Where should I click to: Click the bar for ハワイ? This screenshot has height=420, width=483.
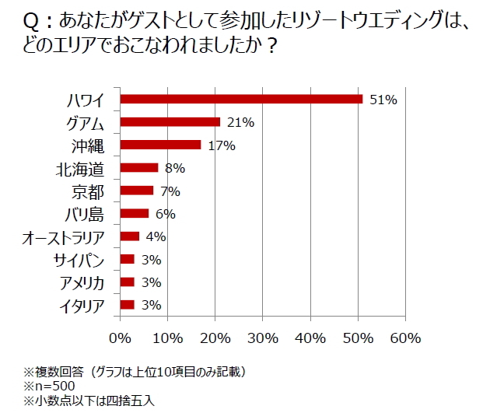(x=241, y=99)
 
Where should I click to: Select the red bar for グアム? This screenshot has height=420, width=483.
(x=170, y=122)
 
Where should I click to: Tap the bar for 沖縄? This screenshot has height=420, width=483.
(x=161, y=145)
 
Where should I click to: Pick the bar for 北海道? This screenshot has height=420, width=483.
(x=139, y=167)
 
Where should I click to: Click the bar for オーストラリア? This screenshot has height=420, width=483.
(x=130, y=236)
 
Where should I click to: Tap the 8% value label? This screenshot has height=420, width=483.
(x=174, y=168)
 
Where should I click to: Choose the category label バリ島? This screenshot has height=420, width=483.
(x=83, y=214)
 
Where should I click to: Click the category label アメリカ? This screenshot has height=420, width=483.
(x=82, y=282)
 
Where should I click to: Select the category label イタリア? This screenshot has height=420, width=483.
(x=82, y=306)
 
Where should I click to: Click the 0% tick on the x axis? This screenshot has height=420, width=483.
(x=120, y=338)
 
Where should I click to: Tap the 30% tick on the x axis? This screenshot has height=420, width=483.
(x=263, y=338)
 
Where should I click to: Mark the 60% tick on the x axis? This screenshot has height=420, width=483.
(x=405, y=338)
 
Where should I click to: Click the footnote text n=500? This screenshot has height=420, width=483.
(x=53, y=386)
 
